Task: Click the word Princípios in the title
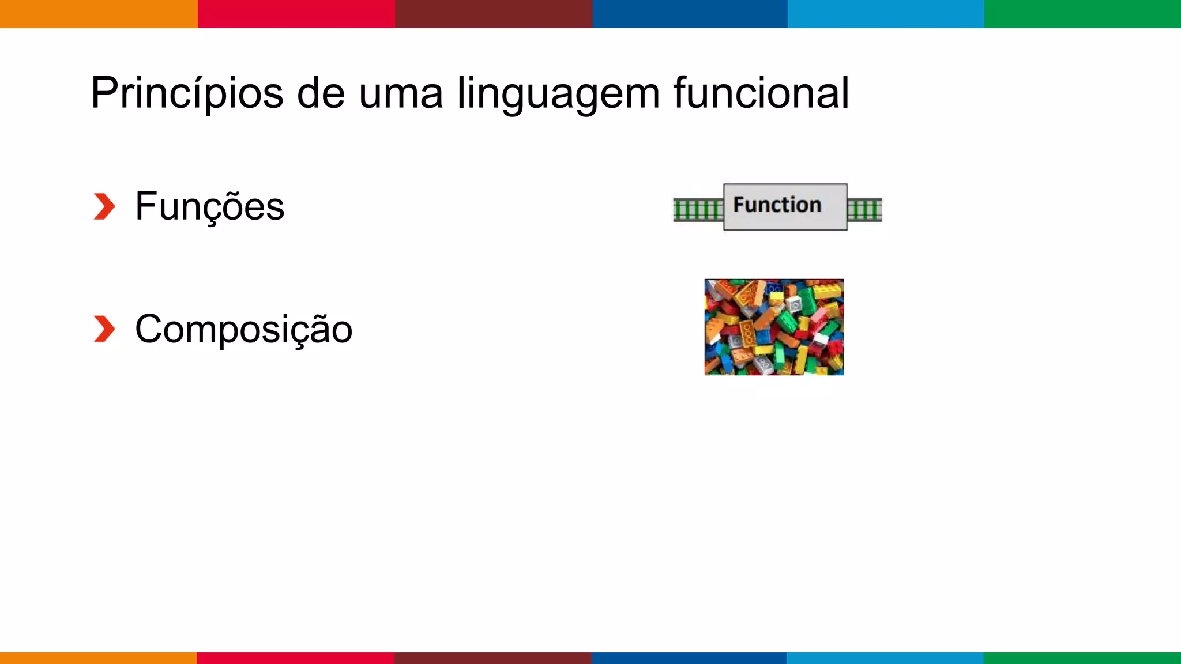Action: (187, 93)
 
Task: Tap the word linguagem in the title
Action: (558, 93)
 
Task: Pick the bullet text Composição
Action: (243, 330)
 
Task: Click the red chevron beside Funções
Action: (104, 206)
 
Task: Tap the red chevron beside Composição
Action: (104, 329)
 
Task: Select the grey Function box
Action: (785, 206)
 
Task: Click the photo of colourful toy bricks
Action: (774, 327)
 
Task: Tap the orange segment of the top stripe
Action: (99, 14)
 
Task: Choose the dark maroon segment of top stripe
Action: (494, 14)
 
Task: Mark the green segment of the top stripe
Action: (1082, 14)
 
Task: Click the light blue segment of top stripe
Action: (886, 14)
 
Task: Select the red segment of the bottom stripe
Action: (295, 658)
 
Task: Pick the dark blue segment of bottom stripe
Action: (689, 658)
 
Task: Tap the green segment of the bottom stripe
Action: (1082, 658)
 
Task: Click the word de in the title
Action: (321, 93)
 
